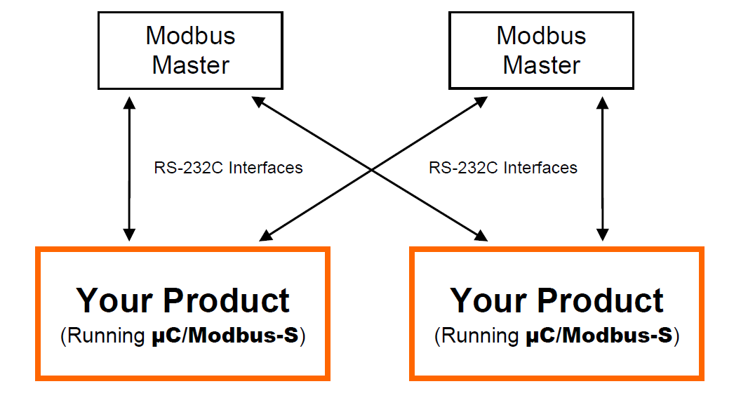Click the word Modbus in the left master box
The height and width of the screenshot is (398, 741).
click(190, 35)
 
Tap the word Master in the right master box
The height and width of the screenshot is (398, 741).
click(541, 65)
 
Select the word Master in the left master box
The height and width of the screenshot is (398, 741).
click(190, 65)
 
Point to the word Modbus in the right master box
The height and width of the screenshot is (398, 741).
click(541, 35)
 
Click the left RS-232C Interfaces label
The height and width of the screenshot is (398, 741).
click(228, 168)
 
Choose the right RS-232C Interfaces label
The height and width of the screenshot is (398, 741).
click(502, 168)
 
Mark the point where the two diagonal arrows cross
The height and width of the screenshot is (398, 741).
click(372, 168)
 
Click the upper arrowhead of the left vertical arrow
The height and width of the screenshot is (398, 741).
click(128, 102)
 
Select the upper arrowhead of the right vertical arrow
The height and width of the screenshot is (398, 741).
click(601, 102)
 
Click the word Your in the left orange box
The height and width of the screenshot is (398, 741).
click(115, 300)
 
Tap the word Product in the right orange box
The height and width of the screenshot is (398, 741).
click(601, 300)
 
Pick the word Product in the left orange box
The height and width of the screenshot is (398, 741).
click(227, 300)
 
